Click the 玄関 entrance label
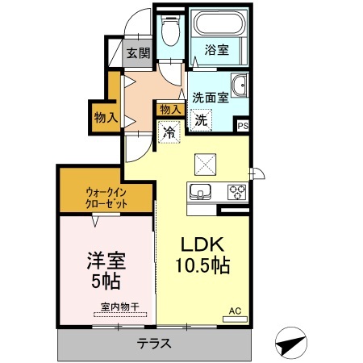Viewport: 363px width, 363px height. tap(137, 53)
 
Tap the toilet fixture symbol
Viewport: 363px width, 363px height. tap(170, 31)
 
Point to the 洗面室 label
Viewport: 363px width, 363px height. tap(209, 97)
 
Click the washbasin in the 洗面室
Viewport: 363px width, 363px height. tap(240, 86)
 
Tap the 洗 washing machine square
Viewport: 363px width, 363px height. tap(199, 118)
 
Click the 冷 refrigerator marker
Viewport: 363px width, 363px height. tap(170, 131)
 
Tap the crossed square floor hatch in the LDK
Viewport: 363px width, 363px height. tap(204, 165)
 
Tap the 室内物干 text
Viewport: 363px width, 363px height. tap(120, 307)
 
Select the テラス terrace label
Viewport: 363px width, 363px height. tap(152, 343)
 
